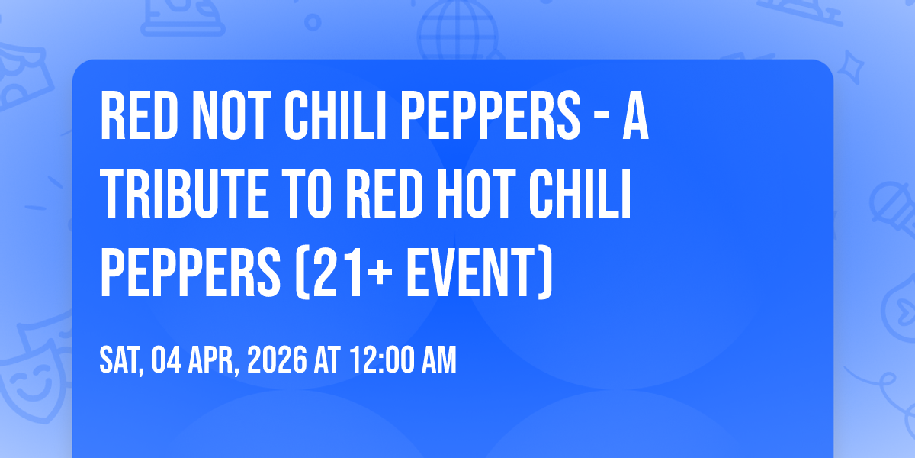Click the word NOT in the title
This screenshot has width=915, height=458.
pos(232,116)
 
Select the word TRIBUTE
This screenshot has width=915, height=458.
pos(185,194)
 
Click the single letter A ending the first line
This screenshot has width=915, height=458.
pos(636,116)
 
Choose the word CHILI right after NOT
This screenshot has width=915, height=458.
pos(335,116)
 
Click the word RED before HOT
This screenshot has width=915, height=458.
pos(384,194)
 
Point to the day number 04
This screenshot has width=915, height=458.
pos(166,360)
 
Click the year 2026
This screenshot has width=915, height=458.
pos(277,360)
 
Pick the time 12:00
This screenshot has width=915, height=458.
pos(382,360)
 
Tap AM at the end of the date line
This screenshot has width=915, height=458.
pos(438,360)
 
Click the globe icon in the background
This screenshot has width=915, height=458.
pos(458,30)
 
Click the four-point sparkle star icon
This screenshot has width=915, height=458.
pos(850,67)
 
